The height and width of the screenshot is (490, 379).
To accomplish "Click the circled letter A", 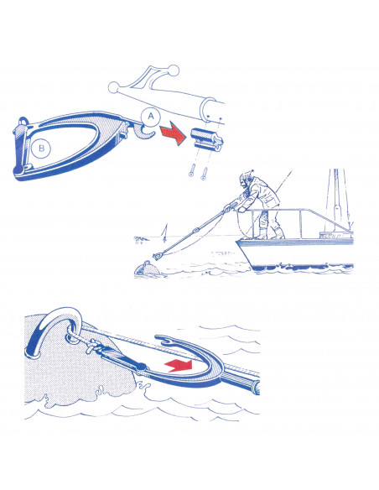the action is [x=151, y=117].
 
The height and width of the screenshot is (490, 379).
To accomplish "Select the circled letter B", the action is [x=41, y=148].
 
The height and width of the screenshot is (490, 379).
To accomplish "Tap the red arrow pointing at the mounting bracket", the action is [x=173, y=133].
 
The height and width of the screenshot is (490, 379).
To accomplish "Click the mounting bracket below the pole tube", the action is [x=206, y=139].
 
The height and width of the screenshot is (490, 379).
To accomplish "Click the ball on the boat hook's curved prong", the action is [x=173, y=70].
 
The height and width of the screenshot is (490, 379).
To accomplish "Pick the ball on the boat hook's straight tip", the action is [x=113, y=88].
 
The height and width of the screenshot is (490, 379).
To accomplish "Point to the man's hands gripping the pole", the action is [x=233, y=207].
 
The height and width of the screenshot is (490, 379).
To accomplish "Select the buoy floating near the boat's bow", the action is [x=148, y=268].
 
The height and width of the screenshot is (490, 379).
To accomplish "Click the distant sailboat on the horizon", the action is [x=165, y=233].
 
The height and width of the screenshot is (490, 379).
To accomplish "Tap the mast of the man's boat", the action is [x=336, y=200].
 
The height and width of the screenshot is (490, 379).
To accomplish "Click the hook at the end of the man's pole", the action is [x=158, y=256].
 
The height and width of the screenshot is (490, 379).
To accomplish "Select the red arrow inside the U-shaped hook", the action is [x=179, y=365].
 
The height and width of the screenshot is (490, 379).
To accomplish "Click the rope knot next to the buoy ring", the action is [x=93, y=346].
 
